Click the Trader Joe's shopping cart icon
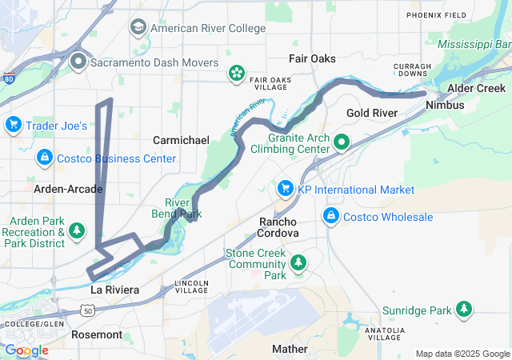tap(13, 125)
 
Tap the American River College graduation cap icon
tap(138, 28)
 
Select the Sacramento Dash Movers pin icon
tap(78, 62)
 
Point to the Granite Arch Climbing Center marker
tap(342, 144)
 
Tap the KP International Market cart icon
tap(284, 190)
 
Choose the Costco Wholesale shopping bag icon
tap(330, 217)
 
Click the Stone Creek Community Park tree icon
tap(298, 262)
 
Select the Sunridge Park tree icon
tap(463, 310)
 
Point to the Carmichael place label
tap(181, 140)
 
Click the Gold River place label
tap(371, 114)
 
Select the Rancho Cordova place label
tap(278, 226)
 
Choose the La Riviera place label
tap(114, 289)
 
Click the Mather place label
tap(289, 349)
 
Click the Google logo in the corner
tap(26, 350)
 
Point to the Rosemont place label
tap(97, 334)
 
